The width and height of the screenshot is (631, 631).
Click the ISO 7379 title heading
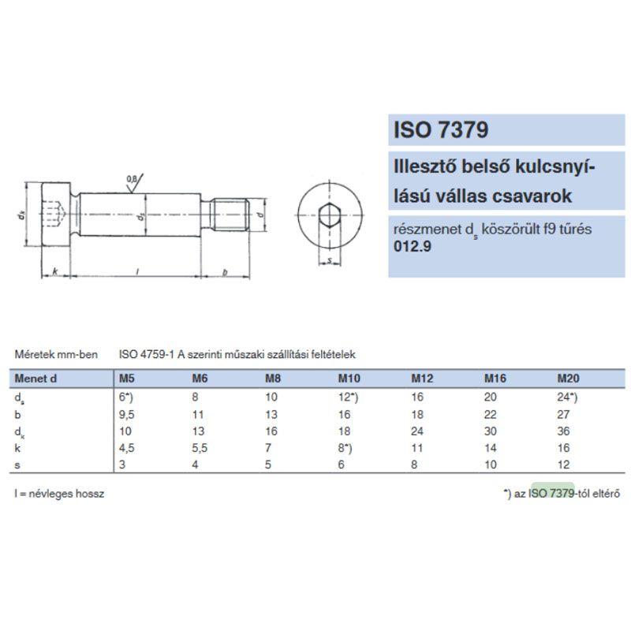coord(441,129)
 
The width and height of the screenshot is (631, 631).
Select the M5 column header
coord(126,379)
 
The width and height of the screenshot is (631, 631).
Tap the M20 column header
coord(568,379)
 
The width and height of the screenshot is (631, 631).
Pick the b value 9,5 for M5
coord(126,415)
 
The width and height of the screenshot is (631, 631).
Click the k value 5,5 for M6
coord(200,448)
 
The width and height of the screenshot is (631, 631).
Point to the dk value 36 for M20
coord(563,431)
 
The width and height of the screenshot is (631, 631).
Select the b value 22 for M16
coord(490,415)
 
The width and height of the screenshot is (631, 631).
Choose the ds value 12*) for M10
coord(348,398)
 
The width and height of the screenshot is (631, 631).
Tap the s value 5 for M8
coord(268,465)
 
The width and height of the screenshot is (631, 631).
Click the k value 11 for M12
coord(417,448)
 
